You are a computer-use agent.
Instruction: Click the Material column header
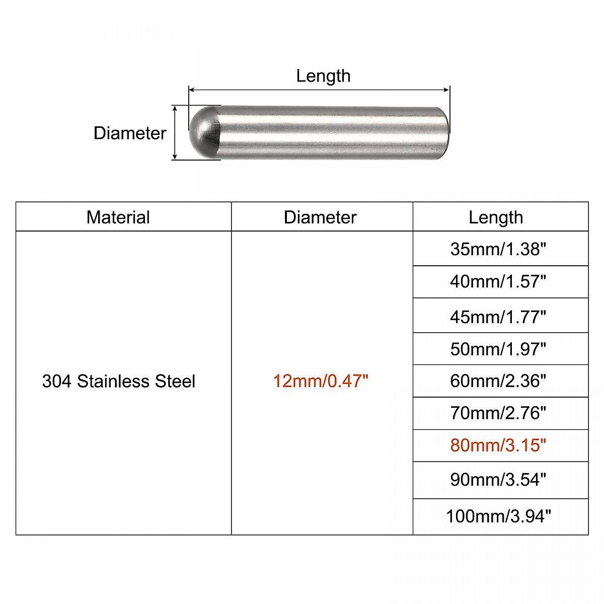[118, 217]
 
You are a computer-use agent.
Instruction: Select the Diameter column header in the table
[320, 217]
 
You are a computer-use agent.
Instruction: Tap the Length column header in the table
[496, 217]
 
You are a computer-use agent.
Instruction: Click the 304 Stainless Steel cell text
[119, 381]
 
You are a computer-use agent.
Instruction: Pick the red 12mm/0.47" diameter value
[321, 381]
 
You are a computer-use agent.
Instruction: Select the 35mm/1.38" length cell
[498, 249]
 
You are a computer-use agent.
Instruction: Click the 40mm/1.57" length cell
[498, 281]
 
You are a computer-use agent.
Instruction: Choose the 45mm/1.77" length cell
[498, 317]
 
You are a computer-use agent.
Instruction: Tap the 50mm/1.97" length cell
[498, 349]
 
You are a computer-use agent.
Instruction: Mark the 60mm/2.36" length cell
[498, 381]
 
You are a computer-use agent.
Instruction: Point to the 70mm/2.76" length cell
[498, 413]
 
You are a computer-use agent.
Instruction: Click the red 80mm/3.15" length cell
[498, 445]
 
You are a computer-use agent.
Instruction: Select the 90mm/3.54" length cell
[498, 480]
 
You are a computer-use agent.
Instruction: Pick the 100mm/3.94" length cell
[498, 516]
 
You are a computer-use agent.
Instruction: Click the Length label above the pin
[323, 76]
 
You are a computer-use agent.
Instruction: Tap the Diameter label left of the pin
[130, 133]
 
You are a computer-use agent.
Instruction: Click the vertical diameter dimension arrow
[175, 133]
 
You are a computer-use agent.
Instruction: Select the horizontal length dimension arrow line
[319, 90]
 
